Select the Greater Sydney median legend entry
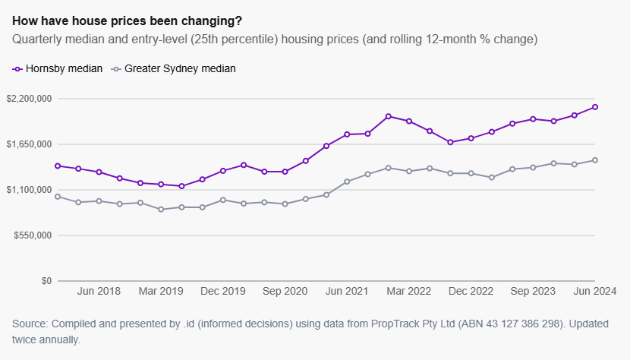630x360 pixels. (x=174, y=68)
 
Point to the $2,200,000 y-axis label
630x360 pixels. (x=28, y=99)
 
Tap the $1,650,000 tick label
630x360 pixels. (x=28, y=144)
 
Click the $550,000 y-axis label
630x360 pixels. (x=31, y=235)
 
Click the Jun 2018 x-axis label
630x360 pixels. (x=99, y=291)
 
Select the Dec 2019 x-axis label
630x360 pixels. (x=223, y=291)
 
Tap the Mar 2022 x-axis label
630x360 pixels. (x=409, y=291)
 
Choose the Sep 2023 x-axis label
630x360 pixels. (x=533, y=291)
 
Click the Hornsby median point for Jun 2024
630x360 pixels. (x=595, y=107)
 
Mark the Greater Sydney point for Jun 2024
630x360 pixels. (x=595, y=160)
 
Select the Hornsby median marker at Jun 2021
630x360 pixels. (x=347, y=134)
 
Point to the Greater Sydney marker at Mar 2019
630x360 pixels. (x=161, y=209)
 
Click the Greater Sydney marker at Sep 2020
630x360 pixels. (x=285, y=204)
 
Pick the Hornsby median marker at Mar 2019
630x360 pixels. (x=161, y=185)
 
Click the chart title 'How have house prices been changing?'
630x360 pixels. (x=133, y=20)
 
